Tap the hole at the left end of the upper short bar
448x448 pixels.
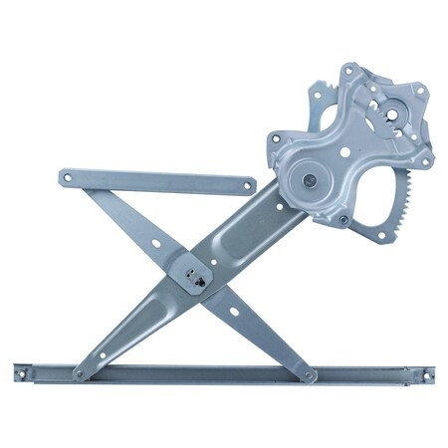(x=68, y=177)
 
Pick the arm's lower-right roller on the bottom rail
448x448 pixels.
(x=310, y=375)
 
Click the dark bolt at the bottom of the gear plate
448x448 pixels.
(x=342, y=219)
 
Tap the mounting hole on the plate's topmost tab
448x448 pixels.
(x=348, y=71)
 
